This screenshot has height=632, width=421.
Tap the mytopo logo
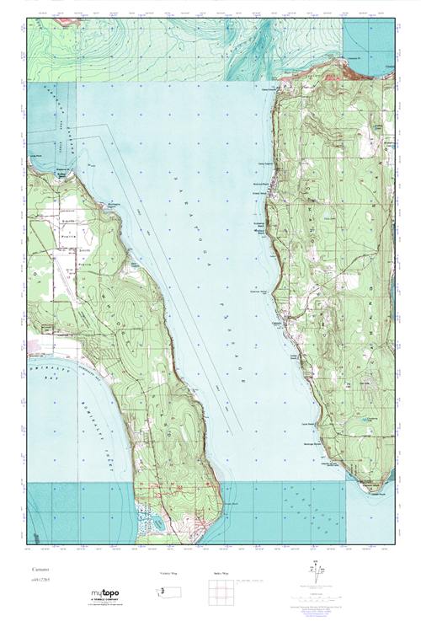[106, 595]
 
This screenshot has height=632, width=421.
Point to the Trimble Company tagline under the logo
[106, 603]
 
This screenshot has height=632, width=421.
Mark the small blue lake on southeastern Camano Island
[364, 417]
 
